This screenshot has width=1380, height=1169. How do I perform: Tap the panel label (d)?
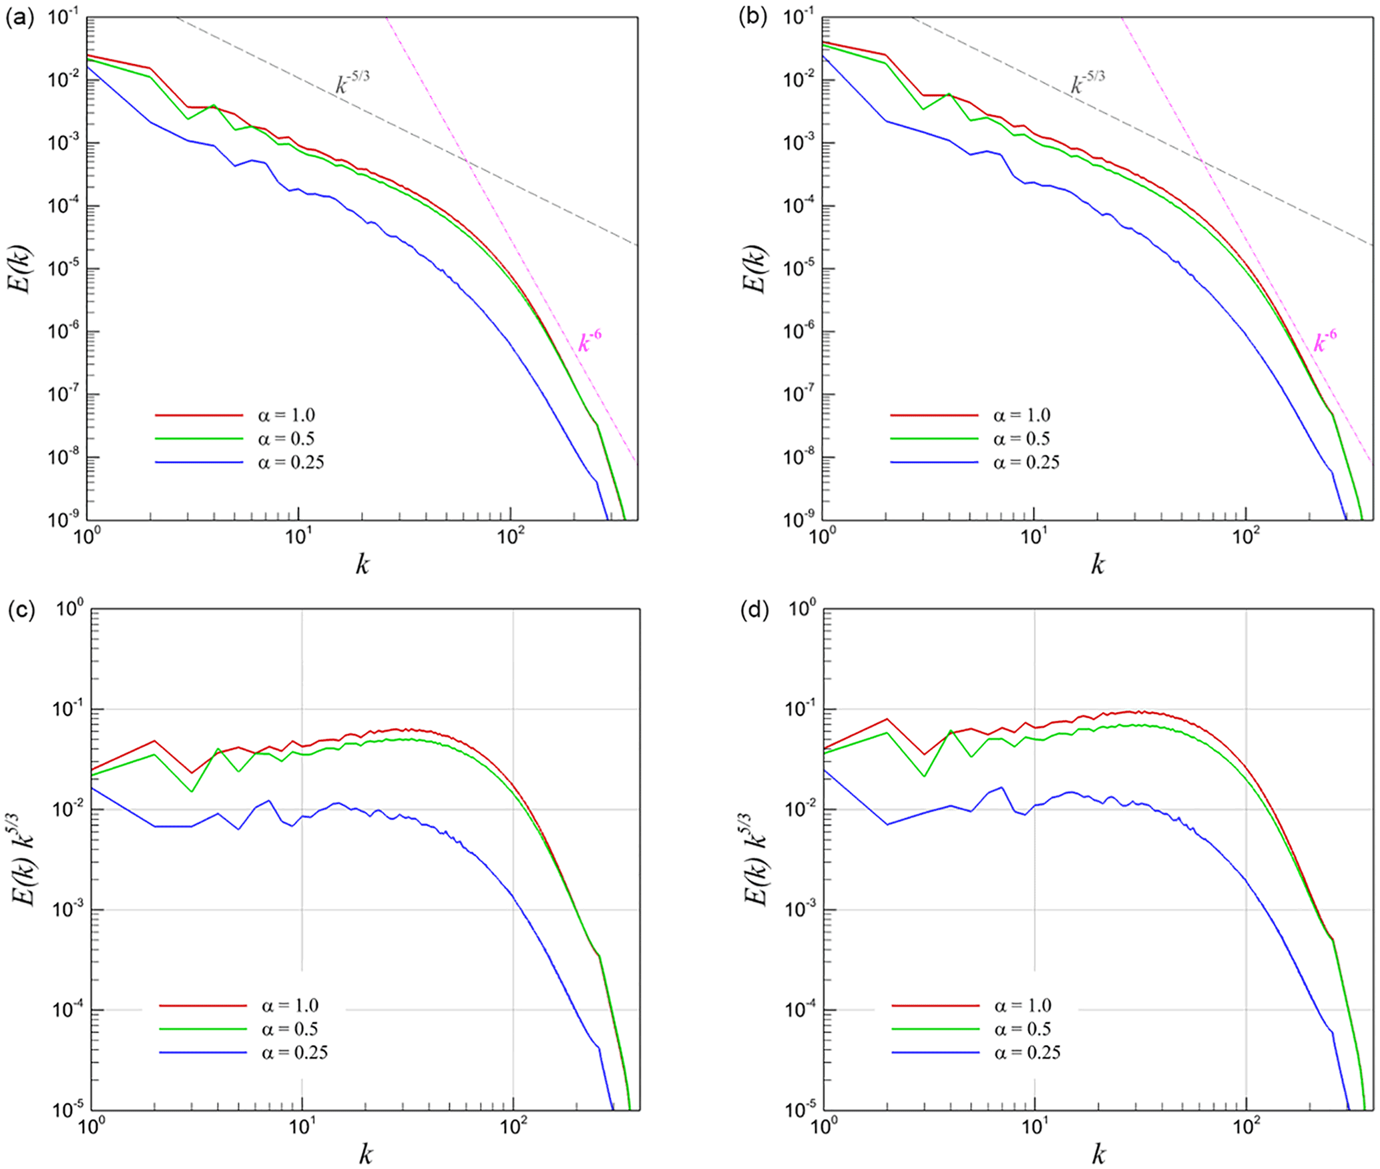tap(754, 610)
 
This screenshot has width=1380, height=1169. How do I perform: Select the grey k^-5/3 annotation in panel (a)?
tap(352, 83)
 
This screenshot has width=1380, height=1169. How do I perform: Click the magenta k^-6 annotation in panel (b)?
tap(1325, 340)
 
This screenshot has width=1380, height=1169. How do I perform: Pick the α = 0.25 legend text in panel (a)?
tap(291, 462)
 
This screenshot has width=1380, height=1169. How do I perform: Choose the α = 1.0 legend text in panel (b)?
tap(1021, 415)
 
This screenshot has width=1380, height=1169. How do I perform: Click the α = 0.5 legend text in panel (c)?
tap(290, 1029)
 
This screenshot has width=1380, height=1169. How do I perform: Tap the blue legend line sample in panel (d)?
tap(935, 1052)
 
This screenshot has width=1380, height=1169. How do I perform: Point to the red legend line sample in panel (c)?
tap(203, 1006)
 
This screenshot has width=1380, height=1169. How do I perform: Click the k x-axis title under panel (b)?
tap(1098, 565)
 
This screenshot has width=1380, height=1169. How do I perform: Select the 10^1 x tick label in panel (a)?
tap(298, 536)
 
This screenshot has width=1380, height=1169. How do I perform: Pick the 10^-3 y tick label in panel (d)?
tap(802, 910)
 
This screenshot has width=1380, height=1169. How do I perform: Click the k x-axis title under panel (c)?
tap(365, 1154)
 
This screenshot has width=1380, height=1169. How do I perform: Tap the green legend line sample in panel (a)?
tap(199, 438)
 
